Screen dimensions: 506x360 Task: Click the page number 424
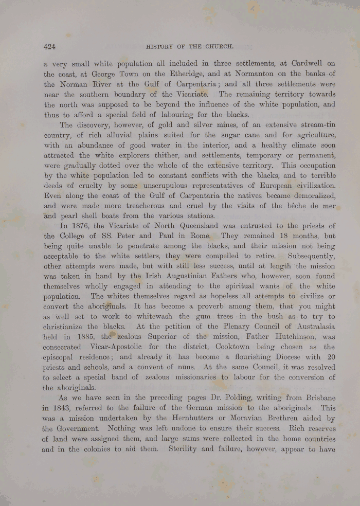pos(50,46)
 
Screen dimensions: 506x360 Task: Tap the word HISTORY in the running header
pos(160,46)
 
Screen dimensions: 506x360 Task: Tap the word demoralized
pos(310,196)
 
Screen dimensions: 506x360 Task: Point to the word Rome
pos(199,236)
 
